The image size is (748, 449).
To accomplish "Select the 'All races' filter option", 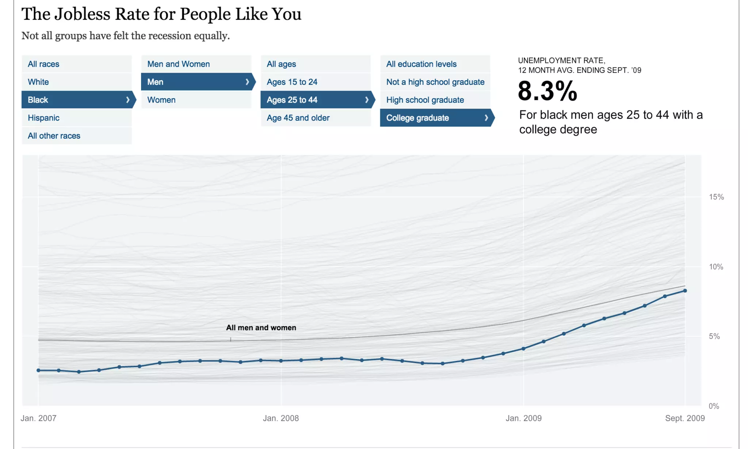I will pos(43,64).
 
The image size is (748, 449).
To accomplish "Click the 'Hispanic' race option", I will pos(43,118).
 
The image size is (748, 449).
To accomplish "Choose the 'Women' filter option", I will pos(161,100).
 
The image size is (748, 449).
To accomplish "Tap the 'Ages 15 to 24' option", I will pos(292,82).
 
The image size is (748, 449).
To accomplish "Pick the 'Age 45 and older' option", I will pos(298,118).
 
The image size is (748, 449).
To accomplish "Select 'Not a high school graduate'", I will pos(435,82).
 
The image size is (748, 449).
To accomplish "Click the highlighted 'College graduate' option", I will pos(417,118).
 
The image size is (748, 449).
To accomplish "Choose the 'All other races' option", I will pos(54,136).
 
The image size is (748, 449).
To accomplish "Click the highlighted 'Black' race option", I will pos(38,100).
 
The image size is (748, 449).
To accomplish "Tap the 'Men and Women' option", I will pos(178,64).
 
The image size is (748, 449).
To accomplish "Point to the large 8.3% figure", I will pos(547,91).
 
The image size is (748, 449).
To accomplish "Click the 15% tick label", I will pos(716,197).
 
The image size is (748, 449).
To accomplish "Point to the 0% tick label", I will pos(713,406).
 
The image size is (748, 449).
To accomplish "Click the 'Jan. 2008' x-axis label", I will pos(280,418).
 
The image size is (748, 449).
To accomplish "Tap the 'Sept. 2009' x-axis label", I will pos(684,418).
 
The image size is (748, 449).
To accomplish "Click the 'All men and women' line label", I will pos(261,328).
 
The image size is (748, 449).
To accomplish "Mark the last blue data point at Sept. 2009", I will pos(685,291).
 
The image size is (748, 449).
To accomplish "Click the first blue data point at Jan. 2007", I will pos(38,370).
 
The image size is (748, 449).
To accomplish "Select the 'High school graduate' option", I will pos(425,100).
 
